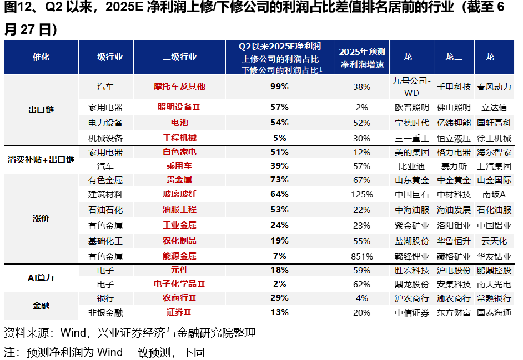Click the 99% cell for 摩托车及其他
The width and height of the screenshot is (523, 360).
pyautogui.click(x=280, y=87)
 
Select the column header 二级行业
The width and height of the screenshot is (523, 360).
pyautogui.click(x=179, y=57)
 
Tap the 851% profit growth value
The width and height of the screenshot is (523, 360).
pyautogui.click(x=361, y=256)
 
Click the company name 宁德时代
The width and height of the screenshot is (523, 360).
pyautogui.click(x=411, y=123)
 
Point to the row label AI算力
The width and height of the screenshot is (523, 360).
pyautogui.click(x=41, y=277)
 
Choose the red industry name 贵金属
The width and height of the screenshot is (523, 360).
pyautogui.click(x=179, y=180)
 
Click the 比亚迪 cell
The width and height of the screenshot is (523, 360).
pyautogui.click(x=411, y=166)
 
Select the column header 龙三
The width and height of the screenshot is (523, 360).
pyautogui.click(x=494, y=57)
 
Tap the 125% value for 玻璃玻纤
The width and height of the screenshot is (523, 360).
pyautogui.click(x=361, y=195)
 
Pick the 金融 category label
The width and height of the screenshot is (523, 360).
pyautogui.click(x=41, y=306)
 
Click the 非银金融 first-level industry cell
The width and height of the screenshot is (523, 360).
pyautogui.click(x=105, y=313)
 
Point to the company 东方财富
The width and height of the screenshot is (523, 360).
pyautogui.click(x=454, y=313)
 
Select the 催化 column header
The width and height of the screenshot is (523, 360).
pyautogui.click(x=41, y=57)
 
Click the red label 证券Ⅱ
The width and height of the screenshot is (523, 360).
pyautogui.click(x=179, y=313)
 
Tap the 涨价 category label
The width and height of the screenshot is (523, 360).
pyautogui.click(x=41, y=218)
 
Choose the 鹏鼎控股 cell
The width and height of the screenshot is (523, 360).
pyautogui.click(x=494, y=271)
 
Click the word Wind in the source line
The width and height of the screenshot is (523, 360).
pyautogui.click(x=73, y=333)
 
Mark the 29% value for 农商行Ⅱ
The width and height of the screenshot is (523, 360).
pyautogui.click(x=280, y=298)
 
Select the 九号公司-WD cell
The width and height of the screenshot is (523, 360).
pyautogui.click(x=411, y=87)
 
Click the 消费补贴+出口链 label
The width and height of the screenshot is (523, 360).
pyautogui.click(x=41, y=159)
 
